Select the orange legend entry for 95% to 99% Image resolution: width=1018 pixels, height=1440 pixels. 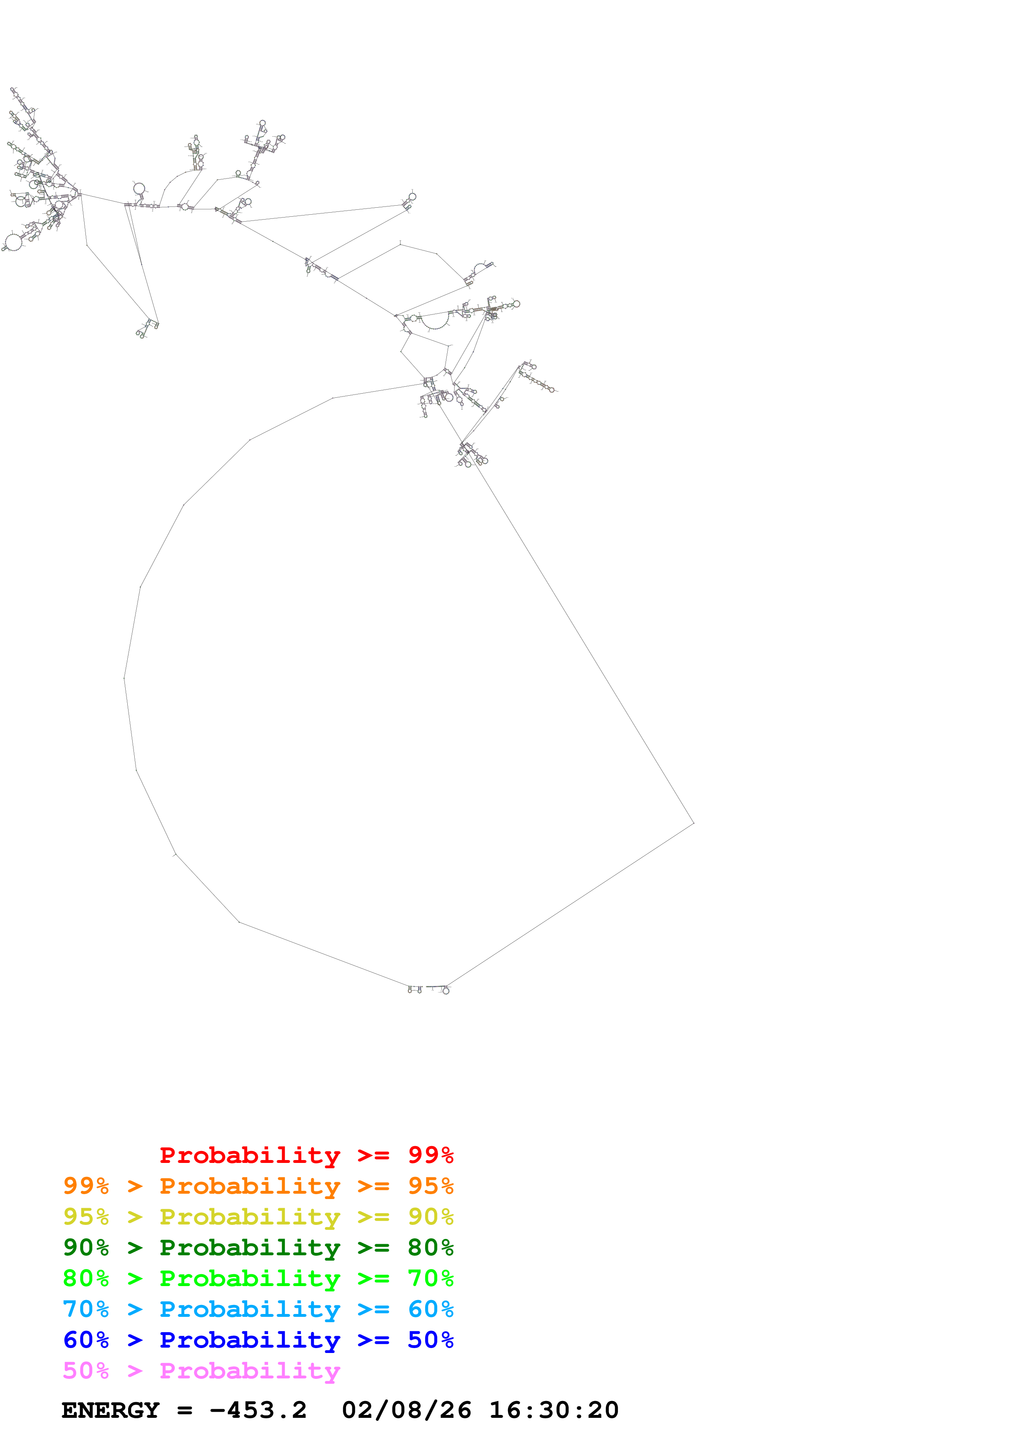click(258, 1186)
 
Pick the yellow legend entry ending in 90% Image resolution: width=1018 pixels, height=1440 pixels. click(258, 1217)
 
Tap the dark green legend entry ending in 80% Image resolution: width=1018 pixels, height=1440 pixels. click(258, 1247)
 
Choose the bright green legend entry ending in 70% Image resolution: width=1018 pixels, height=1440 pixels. click(258, 1278)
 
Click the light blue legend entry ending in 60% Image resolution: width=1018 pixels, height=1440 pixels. click(258, 1309)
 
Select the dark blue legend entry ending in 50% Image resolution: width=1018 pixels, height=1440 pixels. click(258, 1340)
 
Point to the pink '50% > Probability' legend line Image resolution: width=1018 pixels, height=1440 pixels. click(201, 1370)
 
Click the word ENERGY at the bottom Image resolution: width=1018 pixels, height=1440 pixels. click(110, 1410)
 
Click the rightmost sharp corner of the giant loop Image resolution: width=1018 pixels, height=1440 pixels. click(693, 823)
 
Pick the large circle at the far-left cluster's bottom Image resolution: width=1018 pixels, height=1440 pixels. click(13, 241)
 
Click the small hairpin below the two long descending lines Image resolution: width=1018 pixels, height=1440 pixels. click(147, 328)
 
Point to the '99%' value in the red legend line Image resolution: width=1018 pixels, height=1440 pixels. click(430, 1155)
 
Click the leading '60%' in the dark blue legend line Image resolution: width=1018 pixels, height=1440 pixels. click(86, 1340)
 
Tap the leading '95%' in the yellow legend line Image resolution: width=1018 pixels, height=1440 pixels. click(86, 1217)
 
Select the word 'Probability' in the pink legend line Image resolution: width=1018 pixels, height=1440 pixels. click(250, 1370)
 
